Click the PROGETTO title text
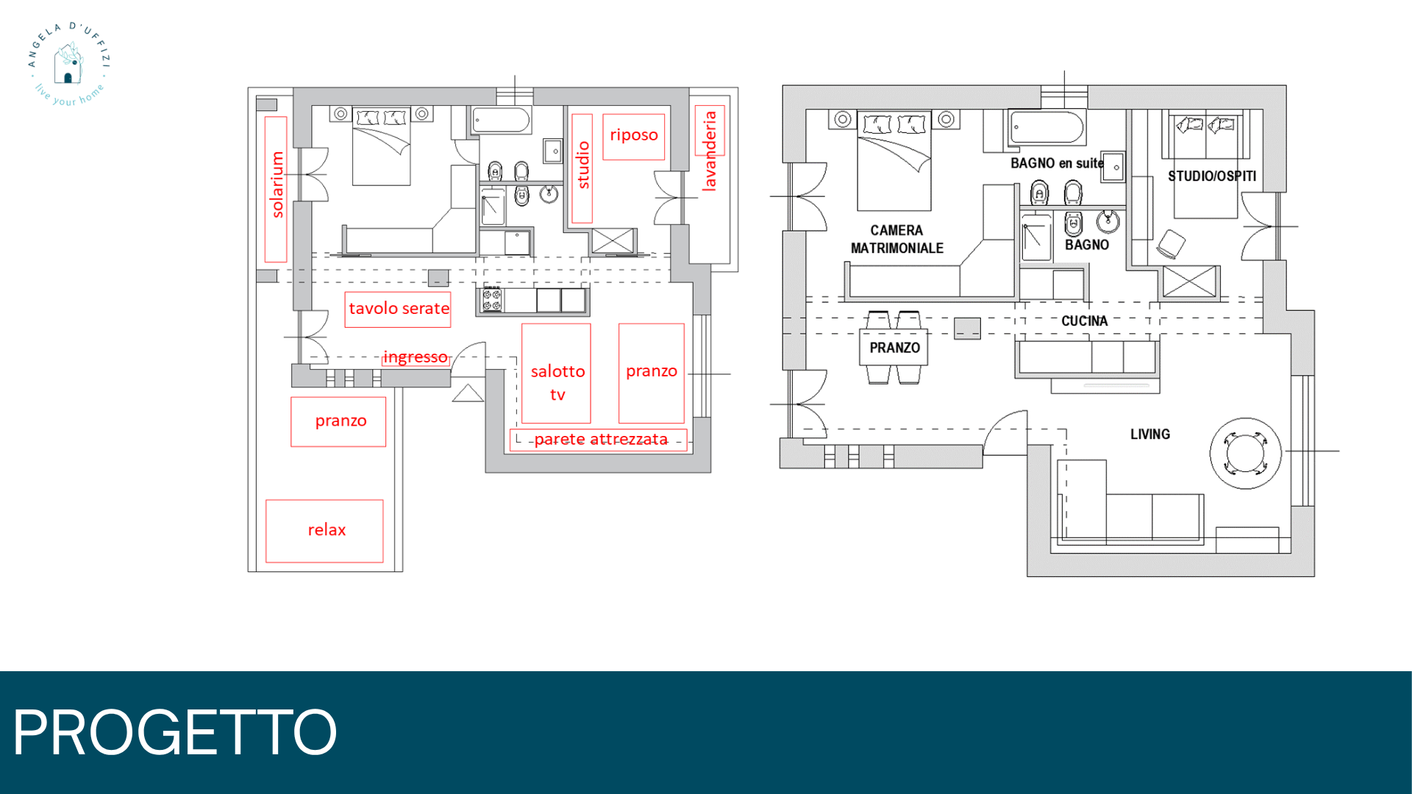pos(175,732)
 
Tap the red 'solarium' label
pos(277,185)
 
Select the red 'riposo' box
pos(634,137)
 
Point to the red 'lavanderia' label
pos(709,151)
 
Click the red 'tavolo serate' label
pos(398,309)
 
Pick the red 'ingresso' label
pos(416,357)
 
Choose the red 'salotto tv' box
pos(557,373)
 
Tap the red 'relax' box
pos(324,531)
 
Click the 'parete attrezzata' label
pos(601,440)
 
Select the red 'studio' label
pos(583,165)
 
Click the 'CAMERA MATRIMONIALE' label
pos(897,240)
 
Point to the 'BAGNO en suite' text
pos(1057,163)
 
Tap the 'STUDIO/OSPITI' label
pos(1212,176)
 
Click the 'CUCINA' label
pos(1084,321)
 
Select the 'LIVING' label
pos(1150,434)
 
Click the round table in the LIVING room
pos(1246,453)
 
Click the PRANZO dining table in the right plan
pos(894,347)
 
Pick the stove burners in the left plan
pos(492,301)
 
